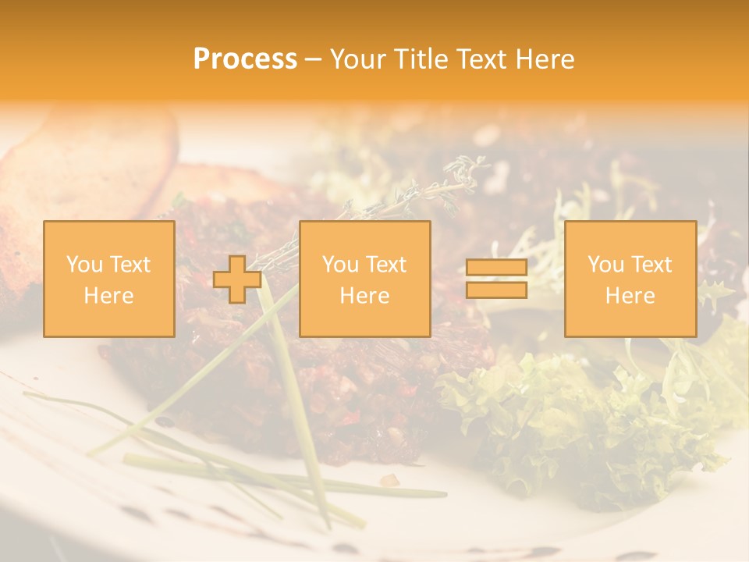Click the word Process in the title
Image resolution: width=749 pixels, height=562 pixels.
(245, 59)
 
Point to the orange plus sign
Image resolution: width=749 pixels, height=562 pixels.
(237, 279)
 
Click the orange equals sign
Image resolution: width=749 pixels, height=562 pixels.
(496, 279)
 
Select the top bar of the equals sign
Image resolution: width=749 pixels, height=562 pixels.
(496, 268)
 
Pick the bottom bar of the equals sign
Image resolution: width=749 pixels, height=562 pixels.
(496, 290)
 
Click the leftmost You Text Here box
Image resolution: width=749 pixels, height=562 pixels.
(109, 279)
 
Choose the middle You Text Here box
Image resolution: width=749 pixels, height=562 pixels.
(365, 279)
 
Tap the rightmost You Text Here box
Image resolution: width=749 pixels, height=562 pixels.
(630, 279)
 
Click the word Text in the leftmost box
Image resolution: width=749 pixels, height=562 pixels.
(130, 265)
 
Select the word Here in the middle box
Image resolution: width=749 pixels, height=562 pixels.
(365, 296)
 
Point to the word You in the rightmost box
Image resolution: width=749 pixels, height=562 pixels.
(605, 265)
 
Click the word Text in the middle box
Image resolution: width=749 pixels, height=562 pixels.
(386, 265)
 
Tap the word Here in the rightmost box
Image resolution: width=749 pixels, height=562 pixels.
(630, 296)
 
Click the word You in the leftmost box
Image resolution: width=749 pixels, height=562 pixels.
(83, 265)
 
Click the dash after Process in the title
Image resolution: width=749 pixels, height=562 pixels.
(313, 59)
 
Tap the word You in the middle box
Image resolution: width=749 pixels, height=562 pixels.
(339, 265)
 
